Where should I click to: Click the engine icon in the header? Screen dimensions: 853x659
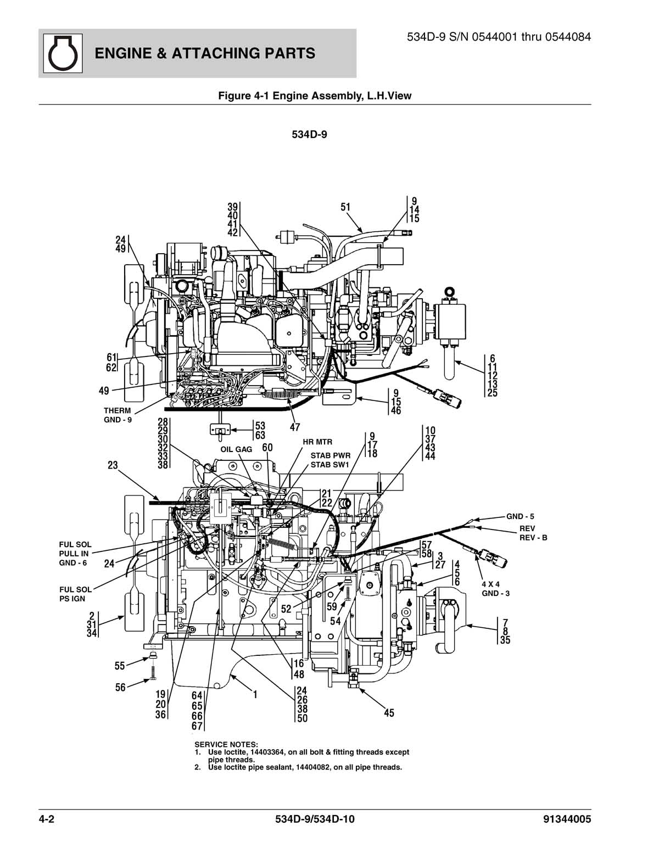pyautogui.click(x=61, y=53)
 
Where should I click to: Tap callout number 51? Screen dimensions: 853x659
pyautogui.click(x=345, y=207)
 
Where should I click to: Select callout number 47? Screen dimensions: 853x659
pyautogui.click(x=295, y=427)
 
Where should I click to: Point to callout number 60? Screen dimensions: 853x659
pyautogui.click(x=267, y=448)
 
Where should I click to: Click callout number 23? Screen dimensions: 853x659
pyautogui.click(x=113, y=465)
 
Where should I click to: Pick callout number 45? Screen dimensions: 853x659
pyautogui.click(x=389, y=713)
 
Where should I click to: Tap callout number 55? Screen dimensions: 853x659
pyautogui.click(x=120, y=666)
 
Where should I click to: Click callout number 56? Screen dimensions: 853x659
pyautogui.click(x=120, y=687)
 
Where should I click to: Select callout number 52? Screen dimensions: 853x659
pyautogui.click(x=286, y=609)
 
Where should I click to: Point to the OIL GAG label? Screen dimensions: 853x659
pyautogui.click(x=236, y=449)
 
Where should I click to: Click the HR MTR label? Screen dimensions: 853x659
pyautogui.click(x=317, y=442)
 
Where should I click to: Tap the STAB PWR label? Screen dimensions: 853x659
pyautogui.click(x=330, y=455)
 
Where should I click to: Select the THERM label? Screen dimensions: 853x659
pyautogui.click(x=118, y=410)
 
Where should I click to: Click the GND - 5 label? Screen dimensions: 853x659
pyautogui.click(x=520, y=516)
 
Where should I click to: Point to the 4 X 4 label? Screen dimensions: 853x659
pyautogui.click(x=490, y=584)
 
